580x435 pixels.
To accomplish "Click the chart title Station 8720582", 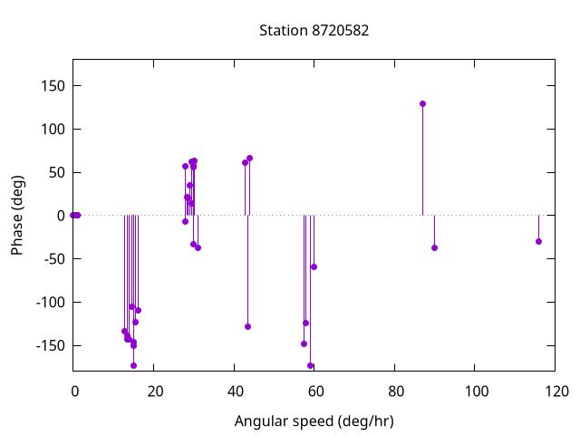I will pos(314,31).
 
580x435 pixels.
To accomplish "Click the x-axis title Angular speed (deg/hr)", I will pos(314,421).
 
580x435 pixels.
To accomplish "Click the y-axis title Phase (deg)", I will pos(17,215).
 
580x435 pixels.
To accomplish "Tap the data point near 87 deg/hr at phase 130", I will pos(422,103).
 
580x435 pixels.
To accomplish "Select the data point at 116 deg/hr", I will pos(538,241).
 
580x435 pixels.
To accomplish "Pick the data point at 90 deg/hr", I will pos(434,247).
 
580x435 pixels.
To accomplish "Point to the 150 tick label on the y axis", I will pos(52,86).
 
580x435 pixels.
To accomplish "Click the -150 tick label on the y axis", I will pos(49,345).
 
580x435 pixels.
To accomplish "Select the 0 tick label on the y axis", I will pos(59,216).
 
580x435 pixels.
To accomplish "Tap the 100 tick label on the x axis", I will pos(476,391).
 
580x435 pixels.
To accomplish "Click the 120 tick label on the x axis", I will pos(556,391).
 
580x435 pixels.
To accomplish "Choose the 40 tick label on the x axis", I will pos(234,391).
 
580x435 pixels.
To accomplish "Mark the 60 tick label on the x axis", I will pos(314,391).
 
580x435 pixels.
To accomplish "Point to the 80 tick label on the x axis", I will pos(395,391).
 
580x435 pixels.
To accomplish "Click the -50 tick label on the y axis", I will pos(52,259).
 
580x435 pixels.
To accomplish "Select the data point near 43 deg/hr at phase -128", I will pos(247,326).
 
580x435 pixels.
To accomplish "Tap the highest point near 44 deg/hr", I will pos(249,158).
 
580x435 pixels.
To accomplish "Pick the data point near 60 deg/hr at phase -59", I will pos(314,266).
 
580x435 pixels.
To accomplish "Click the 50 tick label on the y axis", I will pos(55,172).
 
